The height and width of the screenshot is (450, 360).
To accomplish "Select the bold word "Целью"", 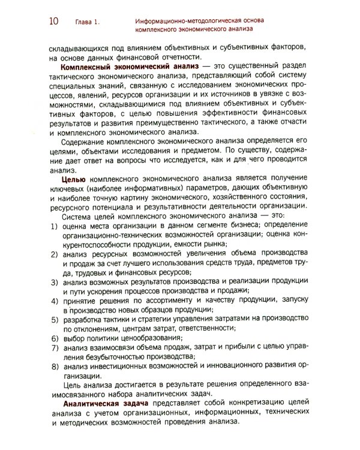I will [76, 179].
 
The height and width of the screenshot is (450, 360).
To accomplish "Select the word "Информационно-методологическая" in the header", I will [180, 20].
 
